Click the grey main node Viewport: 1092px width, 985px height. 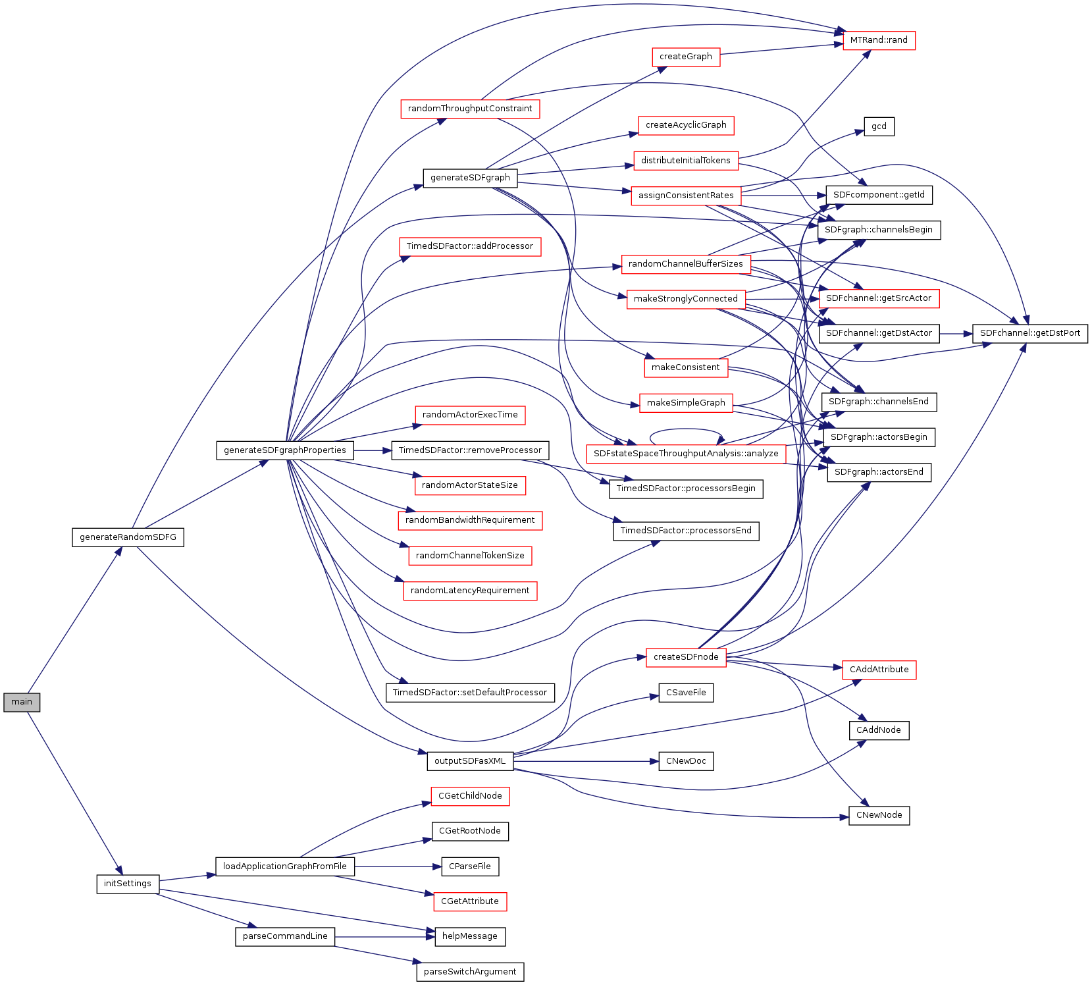point(22,702)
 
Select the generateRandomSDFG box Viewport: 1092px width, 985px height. point(128,537)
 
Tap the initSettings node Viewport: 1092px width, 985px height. point(128,884)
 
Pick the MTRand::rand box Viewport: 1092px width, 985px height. point(879,40)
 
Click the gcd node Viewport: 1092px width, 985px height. point(879,126)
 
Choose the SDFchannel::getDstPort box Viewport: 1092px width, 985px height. point(1029,333)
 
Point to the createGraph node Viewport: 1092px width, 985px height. point(686,57)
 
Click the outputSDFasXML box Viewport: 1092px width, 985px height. point(470,761)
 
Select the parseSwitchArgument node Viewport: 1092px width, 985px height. point(470,972)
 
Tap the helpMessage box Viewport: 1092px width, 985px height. point(470,936)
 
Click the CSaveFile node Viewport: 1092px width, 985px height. point(686,693)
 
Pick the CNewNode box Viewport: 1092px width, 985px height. point(879,815)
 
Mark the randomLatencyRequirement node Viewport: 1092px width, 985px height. point(470,591)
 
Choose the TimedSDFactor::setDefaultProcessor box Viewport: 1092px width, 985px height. point(470,693)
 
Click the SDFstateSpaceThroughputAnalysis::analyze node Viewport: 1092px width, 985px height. point(686,454)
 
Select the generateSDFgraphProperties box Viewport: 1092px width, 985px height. point(285,450)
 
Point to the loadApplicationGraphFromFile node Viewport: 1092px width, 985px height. point(285,866)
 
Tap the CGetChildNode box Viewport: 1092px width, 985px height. point(470,796)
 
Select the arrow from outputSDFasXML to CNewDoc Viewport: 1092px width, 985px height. point(586,762)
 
